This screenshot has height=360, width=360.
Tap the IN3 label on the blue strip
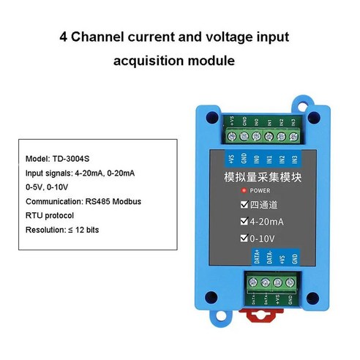pos(295,158)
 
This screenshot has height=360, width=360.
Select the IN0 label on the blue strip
pos(255,158)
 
